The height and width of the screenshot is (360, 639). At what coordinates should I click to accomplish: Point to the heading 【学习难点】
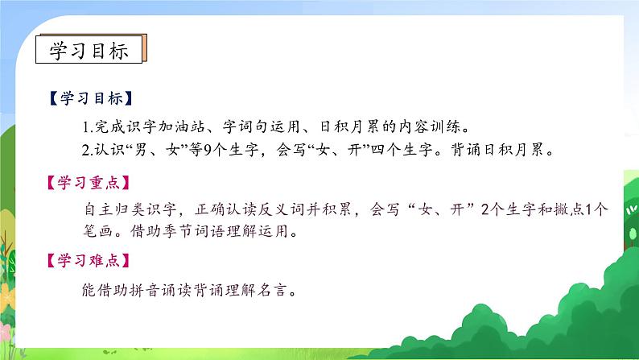[x=88, y=263]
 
